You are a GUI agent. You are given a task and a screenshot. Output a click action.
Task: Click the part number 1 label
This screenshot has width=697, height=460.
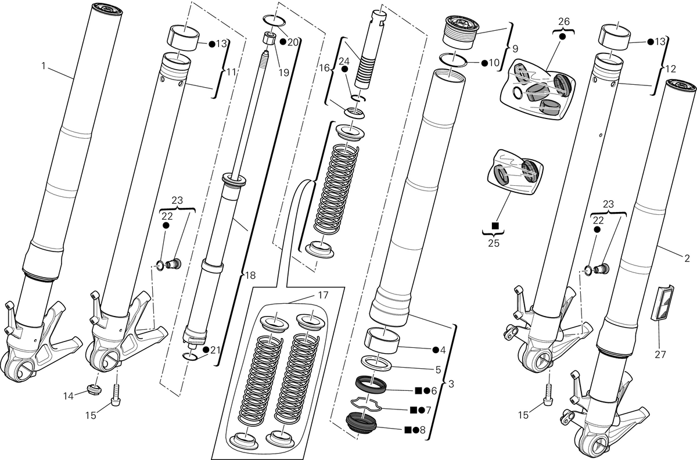click(x=44, y=66)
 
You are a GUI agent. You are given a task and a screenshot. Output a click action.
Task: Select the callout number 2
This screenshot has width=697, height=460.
click(x=687, y=258)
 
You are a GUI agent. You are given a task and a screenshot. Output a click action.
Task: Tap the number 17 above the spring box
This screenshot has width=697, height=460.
click(x=323, y=295)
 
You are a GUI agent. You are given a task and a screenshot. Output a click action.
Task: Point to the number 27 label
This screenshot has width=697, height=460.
click(x=660, y=354)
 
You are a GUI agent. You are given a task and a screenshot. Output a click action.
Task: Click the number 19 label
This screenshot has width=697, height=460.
click(x=284, y=73)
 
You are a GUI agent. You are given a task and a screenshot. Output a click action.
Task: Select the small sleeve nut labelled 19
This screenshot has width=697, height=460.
click(x=270, y=39)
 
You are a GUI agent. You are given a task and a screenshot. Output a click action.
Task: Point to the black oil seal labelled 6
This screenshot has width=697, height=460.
click(x=371, y=384)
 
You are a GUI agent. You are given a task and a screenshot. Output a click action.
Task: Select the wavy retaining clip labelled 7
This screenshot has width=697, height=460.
click(x=367, y=404)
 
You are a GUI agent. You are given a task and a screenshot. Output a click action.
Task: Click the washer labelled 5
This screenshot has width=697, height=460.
click(x=377, y=363)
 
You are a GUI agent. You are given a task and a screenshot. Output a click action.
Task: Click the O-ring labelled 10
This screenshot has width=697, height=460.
click(x=454, y=60)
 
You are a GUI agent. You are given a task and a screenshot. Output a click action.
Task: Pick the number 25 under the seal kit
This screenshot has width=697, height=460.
click(x=494, y=243)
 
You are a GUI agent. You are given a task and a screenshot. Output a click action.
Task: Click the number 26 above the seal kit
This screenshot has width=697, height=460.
click(x=563, y=21)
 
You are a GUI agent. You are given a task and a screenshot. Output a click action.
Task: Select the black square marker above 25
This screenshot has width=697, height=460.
click(x=494, y=225)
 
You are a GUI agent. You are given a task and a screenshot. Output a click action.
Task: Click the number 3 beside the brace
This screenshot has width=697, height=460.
click(x=451, y=384)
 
